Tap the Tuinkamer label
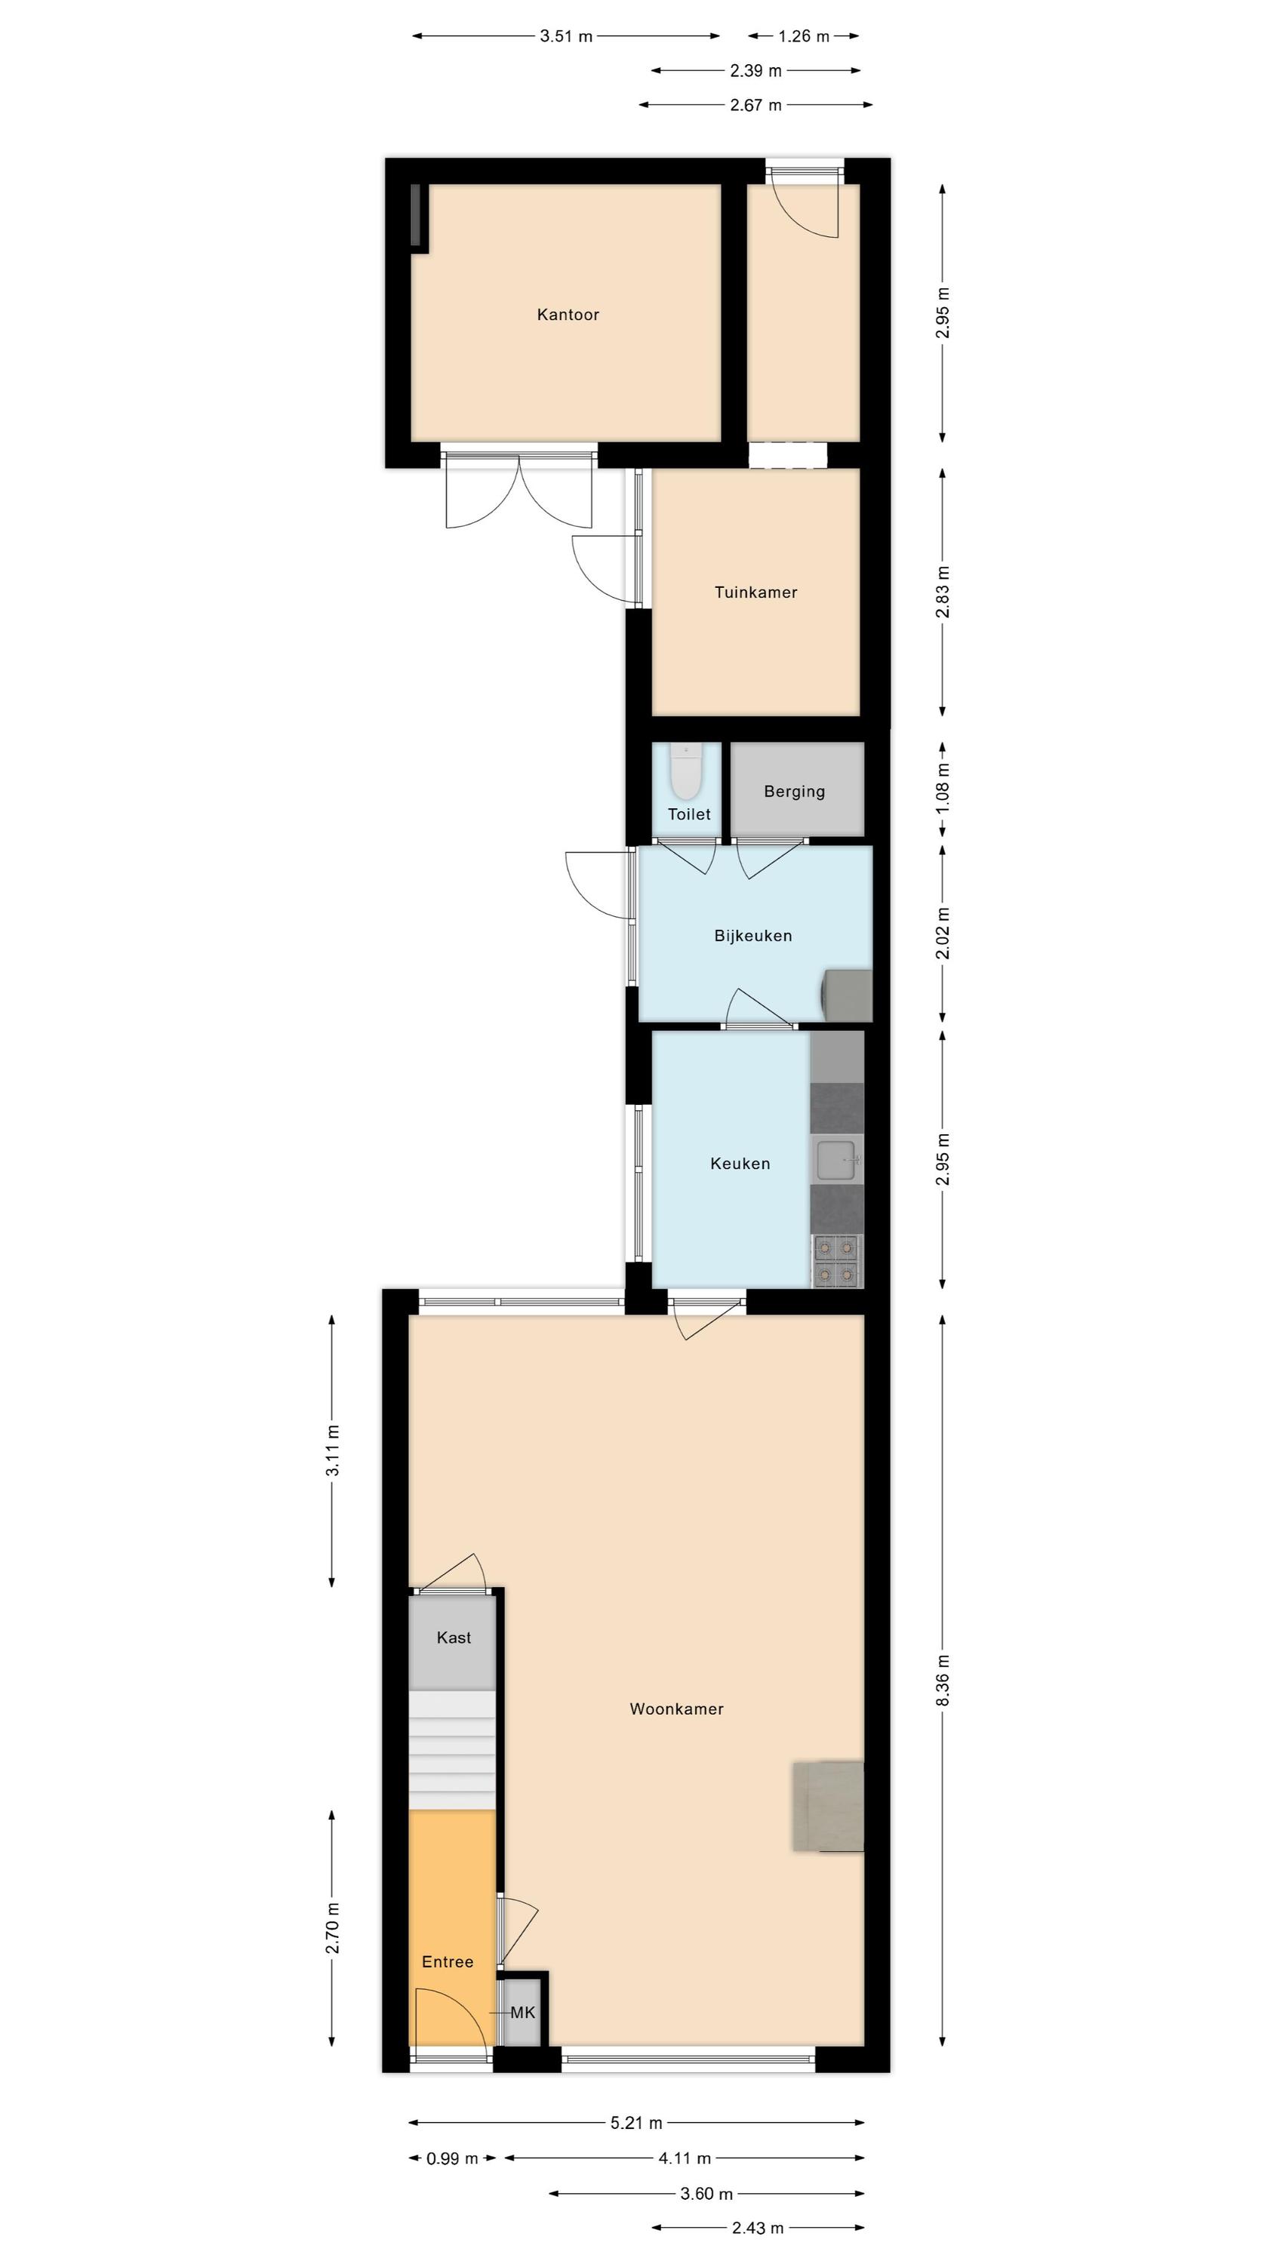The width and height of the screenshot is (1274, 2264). (755, 592)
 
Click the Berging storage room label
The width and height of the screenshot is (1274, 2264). (794, 791)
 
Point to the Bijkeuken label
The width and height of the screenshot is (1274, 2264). (752, 936)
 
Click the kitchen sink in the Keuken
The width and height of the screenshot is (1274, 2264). (836, 1159)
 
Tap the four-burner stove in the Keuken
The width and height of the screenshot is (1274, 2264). (836, 1261)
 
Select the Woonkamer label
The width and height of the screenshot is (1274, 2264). (676, 1709)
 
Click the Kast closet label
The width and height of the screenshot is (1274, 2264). (454, 1638)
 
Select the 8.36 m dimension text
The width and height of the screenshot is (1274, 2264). (943, 1681)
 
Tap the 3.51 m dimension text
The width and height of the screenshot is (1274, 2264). (566, 36)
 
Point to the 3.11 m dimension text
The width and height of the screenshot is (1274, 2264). (332, 1452)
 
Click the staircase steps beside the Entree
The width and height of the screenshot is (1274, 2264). (452, 1752)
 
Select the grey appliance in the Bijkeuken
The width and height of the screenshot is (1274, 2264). (846, 995)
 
